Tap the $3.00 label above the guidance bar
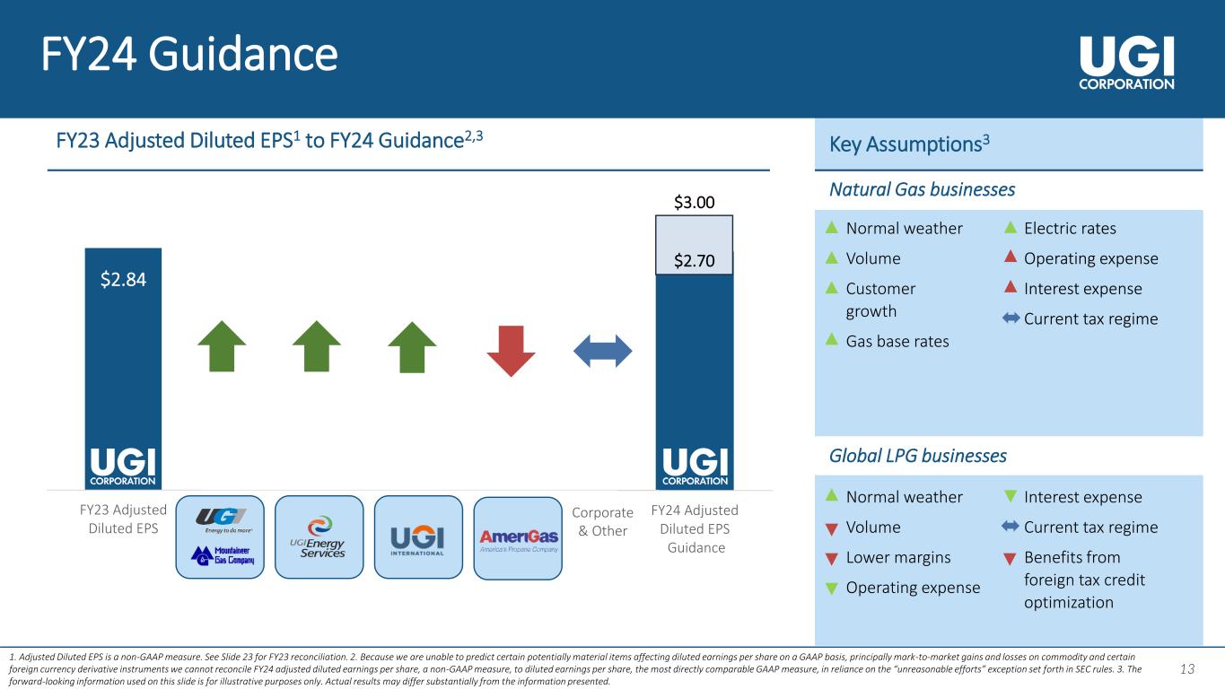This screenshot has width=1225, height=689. point(695,203)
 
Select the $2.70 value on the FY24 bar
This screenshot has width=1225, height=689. point(695,262)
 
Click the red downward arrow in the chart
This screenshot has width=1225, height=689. point(511,350)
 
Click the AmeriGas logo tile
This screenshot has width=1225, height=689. point(518,537)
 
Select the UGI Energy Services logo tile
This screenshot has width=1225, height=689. point(319,537)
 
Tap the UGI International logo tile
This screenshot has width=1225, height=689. point(417,537)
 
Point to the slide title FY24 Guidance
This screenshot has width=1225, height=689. point(189,55)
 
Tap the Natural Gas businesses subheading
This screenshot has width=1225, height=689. point(922,190)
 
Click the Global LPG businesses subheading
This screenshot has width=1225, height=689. point(917,456)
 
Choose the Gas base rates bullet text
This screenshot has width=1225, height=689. point(897,342)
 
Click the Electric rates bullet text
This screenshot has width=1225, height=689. point(1070,229)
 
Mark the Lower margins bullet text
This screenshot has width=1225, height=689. point(898,558)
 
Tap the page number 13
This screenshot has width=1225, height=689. point(1187,668)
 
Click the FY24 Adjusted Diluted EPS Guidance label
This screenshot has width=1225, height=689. point(696,528)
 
